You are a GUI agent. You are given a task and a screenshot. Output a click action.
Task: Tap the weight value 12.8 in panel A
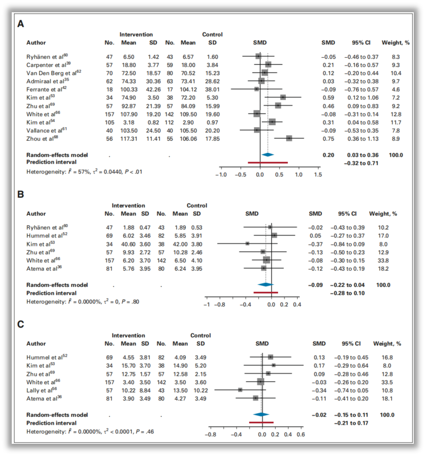pyautogui.click(x=396, y=114)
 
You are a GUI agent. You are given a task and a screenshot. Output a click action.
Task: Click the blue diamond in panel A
pyautogui.click(x=267, y=154)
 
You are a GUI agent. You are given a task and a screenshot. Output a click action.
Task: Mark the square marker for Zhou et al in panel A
pyautogui.click(x=289, y=138)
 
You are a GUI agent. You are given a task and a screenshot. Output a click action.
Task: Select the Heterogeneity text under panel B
pyautogui.click(x=83, y=302)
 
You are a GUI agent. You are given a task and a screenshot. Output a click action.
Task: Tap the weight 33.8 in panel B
pyautogui.click(x=385, y=260)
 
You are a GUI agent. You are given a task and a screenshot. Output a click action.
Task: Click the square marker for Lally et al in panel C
pyautogui.click(x=240, y=390)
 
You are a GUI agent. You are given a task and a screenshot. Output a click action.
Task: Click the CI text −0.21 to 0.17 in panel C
pyautogui.click(x=349, y=423)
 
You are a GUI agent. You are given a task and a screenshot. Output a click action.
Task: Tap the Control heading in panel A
pyautogui.click(x=212, y=35)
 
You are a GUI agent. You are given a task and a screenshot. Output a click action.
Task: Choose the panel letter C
pyautogui.click(x=21, y=324)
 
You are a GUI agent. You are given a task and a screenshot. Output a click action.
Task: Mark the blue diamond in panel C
pyautogui.click(x=261, y=414)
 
